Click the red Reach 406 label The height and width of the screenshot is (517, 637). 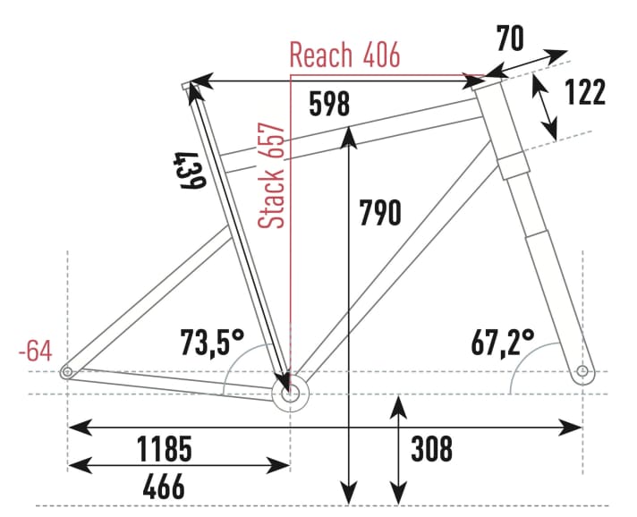coord(344,55)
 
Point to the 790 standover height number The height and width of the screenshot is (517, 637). coord(380,212)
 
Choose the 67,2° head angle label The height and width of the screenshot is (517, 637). coord(503,342)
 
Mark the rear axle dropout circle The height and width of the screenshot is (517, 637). coord(66,371)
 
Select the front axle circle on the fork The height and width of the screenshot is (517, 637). coord(583,370)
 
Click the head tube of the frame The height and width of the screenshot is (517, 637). coord(500,116)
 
